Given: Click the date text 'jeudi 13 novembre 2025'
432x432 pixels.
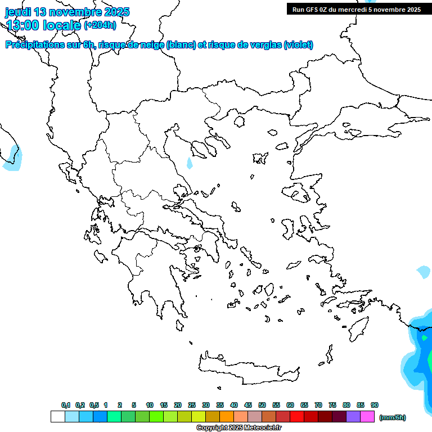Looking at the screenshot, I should click(67, 12).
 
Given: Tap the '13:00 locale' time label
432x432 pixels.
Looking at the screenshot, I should click(44, 25).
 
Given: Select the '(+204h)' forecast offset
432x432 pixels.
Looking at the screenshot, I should click(100, 25).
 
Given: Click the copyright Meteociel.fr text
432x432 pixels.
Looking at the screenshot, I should click(238, 428).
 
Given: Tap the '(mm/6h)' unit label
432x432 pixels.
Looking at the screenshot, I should click(392, 417).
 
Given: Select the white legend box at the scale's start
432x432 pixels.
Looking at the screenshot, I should click(57, 417).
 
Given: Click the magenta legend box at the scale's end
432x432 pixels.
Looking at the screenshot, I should click(368, 417).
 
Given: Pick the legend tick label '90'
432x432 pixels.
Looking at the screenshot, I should click(375, 405).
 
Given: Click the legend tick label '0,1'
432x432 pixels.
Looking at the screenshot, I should click(65, 405).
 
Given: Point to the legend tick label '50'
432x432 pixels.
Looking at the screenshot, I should click(262, 405).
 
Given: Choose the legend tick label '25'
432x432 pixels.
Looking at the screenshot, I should click(192, 405).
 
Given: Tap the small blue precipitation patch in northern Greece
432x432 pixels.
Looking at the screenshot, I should click(190, 164).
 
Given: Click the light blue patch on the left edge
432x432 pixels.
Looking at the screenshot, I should click(12, 160).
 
